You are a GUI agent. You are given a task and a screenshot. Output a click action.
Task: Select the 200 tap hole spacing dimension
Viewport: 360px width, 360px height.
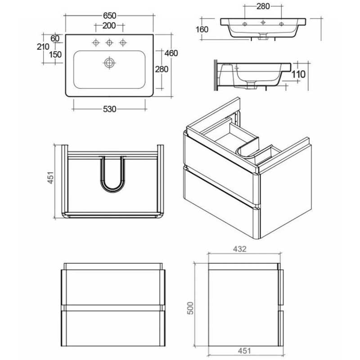point(109,25)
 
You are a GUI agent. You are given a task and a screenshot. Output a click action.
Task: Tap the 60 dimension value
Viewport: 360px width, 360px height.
point(55,38)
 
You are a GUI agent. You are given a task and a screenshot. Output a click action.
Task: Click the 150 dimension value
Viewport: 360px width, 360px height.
point(55,54)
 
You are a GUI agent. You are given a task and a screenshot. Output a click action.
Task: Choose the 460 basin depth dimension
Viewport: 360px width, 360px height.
point(171,53)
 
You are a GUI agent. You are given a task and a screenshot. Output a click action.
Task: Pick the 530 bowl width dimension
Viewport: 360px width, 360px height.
point(109,109)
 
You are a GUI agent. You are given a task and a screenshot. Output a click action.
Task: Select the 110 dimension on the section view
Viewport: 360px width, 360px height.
point(299,74)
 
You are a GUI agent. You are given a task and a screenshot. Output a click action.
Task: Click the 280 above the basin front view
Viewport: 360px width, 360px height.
point(263,7)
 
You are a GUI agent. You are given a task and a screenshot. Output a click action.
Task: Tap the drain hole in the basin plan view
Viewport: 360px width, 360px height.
point(109,63)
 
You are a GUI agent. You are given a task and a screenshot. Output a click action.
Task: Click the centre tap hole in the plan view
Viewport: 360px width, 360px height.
point(109,43)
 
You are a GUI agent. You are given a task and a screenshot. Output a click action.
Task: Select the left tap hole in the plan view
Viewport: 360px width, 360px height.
point(95,43)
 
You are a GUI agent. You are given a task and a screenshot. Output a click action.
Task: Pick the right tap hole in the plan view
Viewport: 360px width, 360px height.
point(122,43)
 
